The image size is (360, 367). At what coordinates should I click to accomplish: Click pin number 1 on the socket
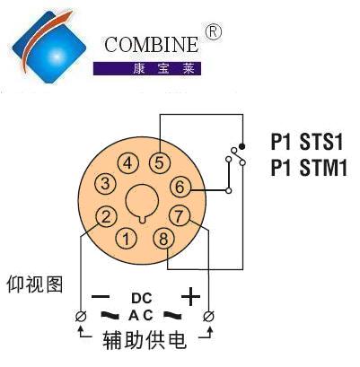click(x=126, y=239)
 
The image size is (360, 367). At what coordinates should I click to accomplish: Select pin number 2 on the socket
click(x=106, y=216)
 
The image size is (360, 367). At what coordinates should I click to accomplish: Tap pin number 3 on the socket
click(x=105, y=183)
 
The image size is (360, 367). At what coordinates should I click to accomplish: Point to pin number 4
click(x=128, y=163)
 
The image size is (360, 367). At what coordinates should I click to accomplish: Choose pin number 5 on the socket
click(x=160, y=163)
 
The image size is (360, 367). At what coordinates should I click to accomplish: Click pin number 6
click(x=180, y=187)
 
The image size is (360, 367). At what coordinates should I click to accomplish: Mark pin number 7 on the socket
click(x=180, y=216)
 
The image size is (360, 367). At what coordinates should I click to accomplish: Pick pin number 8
click(x=163, y=239)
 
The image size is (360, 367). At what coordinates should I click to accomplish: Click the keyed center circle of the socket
click(x=142, y=203)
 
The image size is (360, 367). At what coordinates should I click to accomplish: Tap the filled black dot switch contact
click(x=242, y=146)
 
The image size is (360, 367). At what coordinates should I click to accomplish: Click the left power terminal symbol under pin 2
click(x=81, y=316)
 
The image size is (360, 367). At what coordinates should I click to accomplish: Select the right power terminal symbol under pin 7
click(x=208, y=316)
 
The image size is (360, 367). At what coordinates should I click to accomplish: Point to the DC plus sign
click(x=190, y=297)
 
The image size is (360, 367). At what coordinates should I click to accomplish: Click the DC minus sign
click(x=101, y=297)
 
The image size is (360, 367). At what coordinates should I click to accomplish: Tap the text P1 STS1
click(x=306, y=142)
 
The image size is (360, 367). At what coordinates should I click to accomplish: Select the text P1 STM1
click(x=309, y=168)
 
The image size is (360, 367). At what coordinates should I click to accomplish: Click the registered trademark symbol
click(x=214, y=32)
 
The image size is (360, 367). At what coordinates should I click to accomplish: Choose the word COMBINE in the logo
click(x=152, y=45)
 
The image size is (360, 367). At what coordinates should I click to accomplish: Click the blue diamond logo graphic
click(x=49, y=47)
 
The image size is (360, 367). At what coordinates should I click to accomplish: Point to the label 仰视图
click(x=35, y=284)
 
